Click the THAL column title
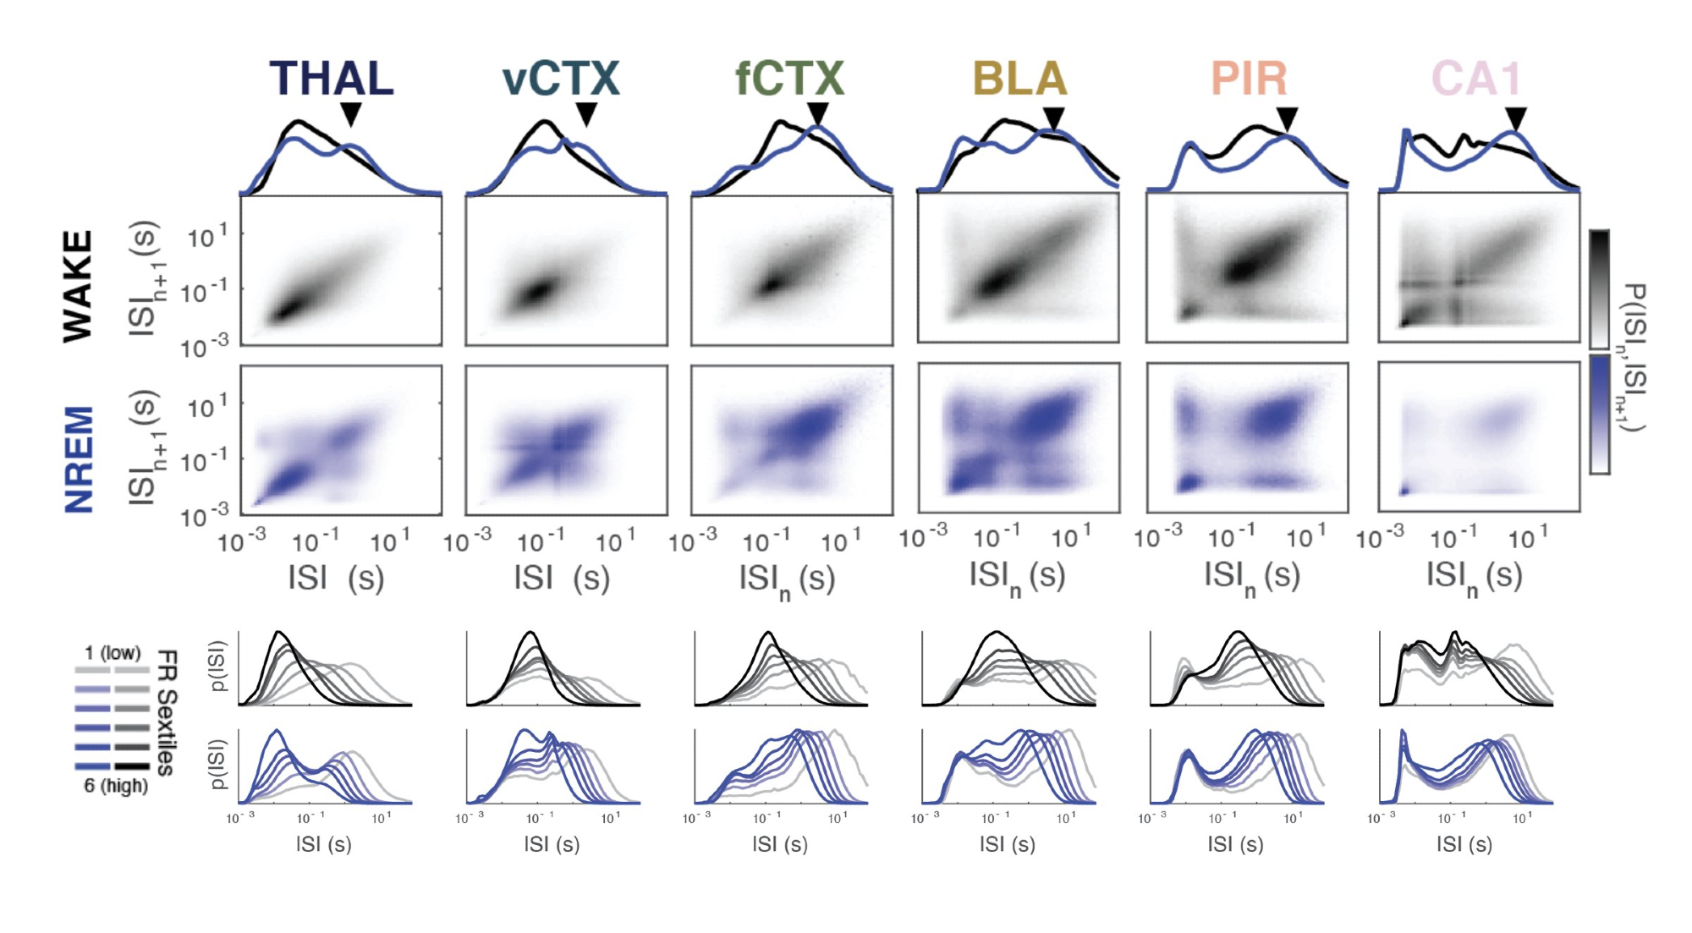tap(332, 79)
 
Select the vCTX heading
tap(560, 79)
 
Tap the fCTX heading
tap(789, 79)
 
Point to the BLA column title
tap(1019, 79)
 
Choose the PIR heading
tap(1249, 79)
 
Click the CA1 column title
tap(1477, 79)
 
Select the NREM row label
tap(80, 459)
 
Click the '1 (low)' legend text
tap(113, 653)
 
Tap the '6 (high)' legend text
tap(116, 786)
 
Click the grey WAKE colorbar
tap(1599, 289)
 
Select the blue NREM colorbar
tap(1599, 414)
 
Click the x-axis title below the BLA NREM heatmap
tap(1017, 577)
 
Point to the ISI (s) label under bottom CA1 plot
tap(1464, 843)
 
